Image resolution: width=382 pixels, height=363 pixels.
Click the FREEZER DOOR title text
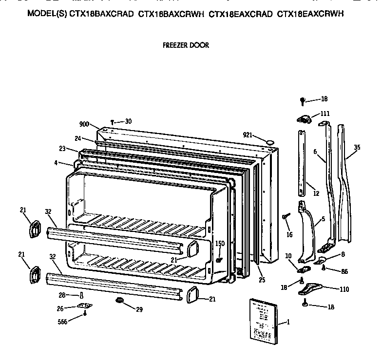click(185, 45)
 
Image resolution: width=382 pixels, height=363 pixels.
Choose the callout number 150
click(220, 243)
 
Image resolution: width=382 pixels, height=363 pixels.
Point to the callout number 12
click(316, 193)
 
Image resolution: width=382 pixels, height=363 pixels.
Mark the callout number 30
click(128, 121)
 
